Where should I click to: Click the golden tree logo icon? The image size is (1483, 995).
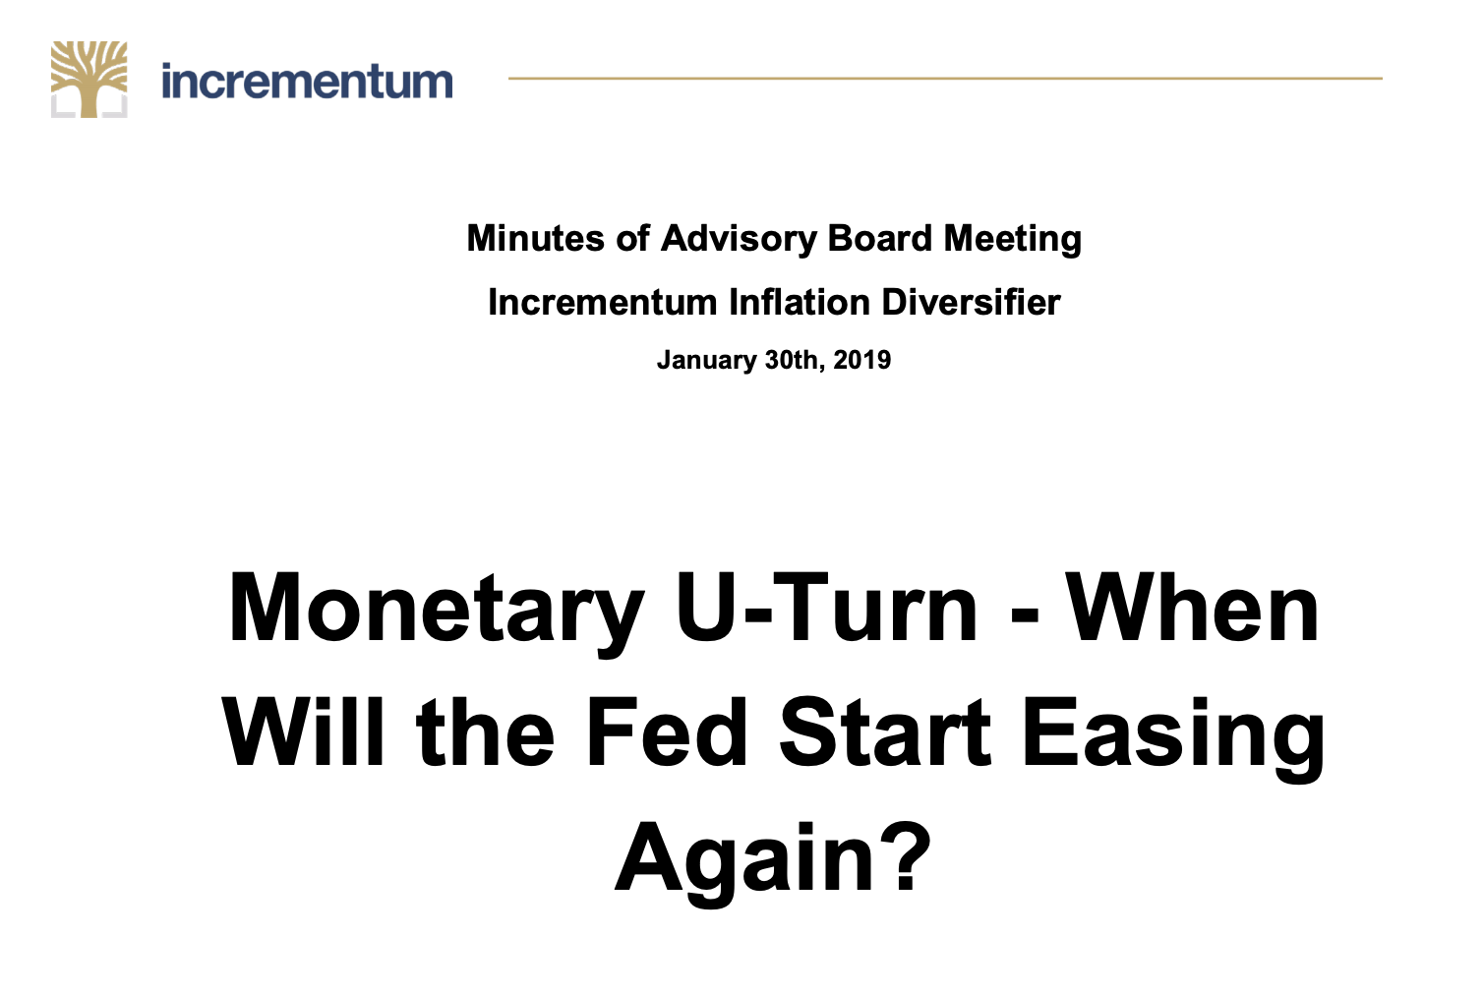[x=89, y=80]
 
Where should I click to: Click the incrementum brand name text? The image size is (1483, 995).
[x=307, y=82]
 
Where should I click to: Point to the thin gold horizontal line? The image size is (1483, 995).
[x=945, y=78]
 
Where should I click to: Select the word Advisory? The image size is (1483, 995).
[x=739, y=240]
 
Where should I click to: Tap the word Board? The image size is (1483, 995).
[x=880, y=238]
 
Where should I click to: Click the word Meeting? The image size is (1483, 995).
[x=1013, y=240]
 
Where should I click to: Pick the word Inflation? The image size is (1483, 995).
[x=800, y=303]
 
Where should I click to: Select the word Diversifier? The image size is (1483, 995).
[x=972, y=303]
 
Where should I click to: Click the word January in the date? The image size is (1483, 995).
[x=706, y=361]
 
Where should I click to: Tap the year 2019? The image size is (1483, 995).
[x=862, y=360]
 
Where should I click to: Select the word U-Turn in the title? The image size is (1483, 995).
[x=826, y=607]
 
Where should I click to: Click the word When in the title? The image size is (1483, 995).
[x=1194, y=607]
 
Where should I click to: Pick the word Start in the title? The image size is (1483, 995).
[x=885, y=732]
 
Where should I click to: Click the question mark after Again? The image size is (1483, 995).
[x=905, y=856]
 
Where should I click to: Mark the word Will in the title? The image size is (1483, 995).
[x=304, y=732]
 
